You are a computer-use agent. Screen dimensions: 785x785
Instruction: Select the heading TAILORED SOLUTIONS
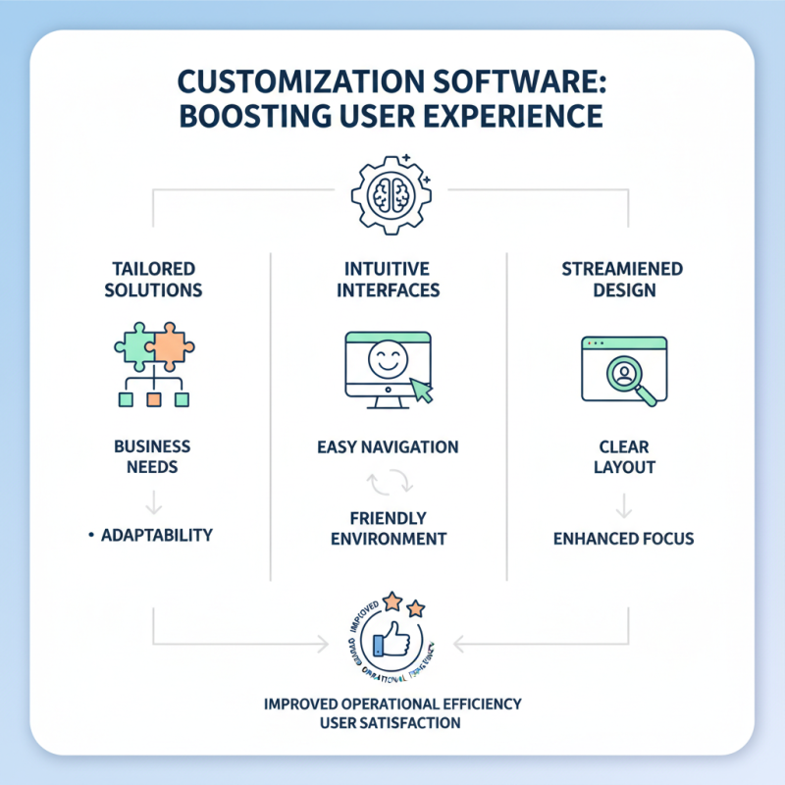pyautogui.click(x=152, y=279)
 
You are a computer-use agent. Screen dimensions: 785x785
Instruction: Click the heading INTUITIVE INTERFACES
pyautogui.click(x=392, y=279)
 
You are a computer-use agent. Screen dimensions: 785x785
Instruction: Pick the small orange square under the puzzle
pyautogui.click(x=152, y=399)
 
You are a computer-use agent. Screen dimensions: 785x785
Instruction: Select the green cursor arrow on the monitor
pyautogui.click(x=421, y=391)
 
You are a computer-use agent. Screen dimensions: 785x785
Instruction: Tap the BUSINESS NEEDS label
pyautogui.click(x=152, y=456)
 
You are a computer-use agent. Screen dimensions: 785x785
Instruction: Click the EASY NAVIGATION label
pyautogui.click(x=389, y=447)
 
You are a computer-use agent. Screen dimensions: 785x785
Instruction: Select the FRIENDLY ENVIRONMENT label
pyautogui.click(x=389, y=528)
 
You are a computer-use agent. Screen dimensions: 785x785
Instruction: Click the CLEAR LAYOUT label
pyautogui.click(x=624, y=456)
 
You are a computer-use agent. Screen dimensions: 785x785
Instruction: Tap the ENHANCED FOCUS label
pyautogui.click(x=624, y=538)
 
